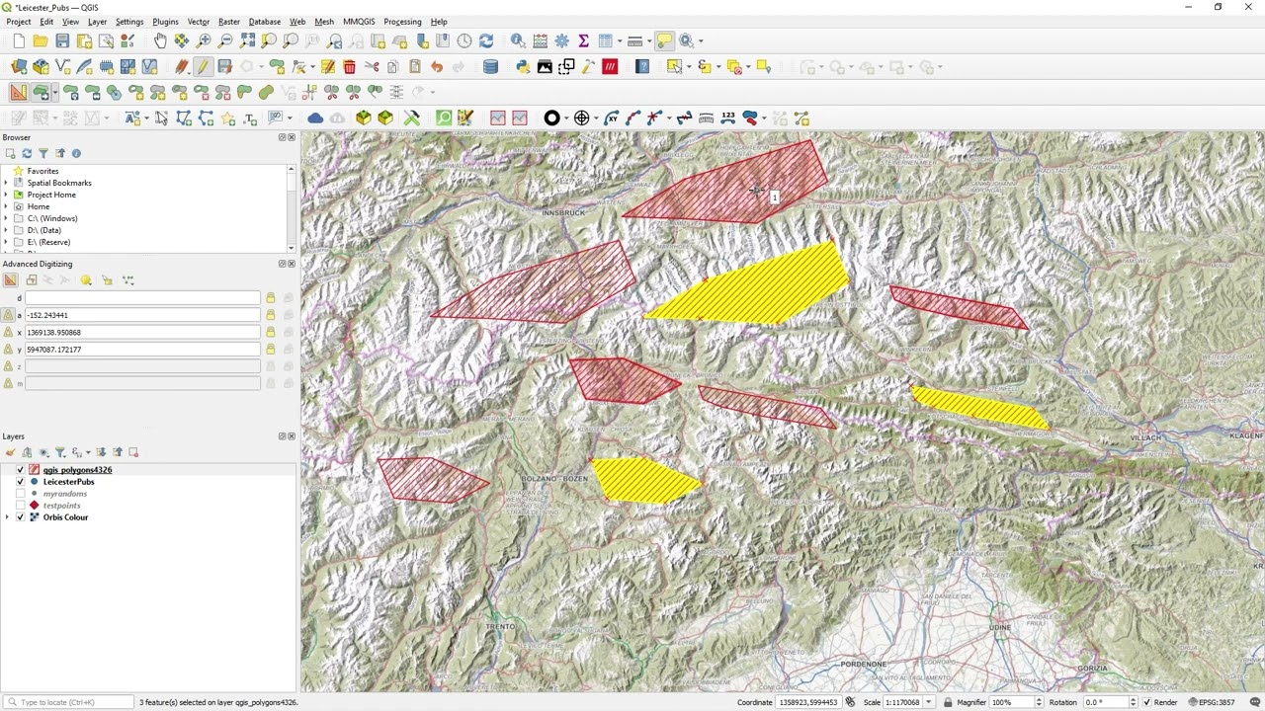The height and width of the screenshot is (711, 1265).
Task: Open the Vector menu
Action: pos(198,22)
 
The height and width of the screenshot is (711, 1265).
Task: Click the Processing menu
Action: pos(402,22)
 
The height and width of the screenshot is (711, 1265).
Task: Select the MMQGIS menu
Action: pos(359,22)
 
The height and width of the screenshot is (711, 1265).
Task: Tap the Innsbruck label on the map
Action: pos(564,212)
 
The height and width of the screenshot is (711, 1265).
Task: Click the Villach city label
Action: pos(1146,436)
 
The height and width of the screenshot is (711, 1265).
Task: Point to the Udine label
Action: pos(1000,627)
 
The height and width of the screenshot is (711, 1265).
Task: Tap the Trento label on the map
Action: pos(500,626)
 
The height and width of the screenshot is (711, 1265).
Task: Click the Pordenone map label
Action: pos(864,665)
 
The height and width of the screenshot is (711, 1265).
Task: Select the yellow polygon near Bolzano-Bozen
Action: pos(644,480)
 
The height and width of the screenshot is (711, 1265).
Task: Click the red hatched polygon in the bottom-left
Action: pos(430,479)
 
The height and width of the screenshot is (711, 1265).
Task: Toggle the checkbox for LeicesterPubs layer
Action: pos(21,482)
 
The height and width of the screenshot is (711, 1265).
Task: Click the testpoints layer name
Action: pos(61,506)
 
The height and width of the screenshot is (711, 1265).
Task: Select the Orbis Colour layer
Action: pos(65,517)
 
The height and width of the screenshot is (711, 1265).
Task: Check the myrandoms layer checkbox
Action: pos(21,494)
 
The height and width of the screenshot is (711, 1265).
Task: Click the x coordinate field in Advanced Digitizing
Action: pos(142,332)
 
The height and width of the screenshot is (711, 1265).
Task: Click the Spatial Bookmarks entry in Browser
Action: pos(59,183)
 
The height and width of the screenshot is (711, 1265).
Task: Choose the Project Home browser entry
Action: pos(51,195)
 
